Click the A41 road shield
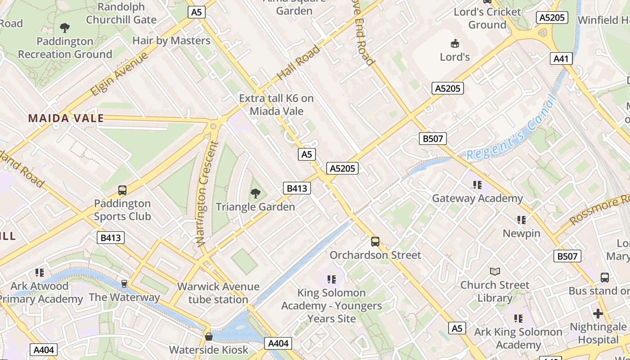(561, 58)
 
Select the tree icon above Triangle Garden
(256, 194)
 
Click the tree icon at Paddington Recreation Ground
(65, 28)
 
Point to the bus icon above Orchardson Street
(375, 242)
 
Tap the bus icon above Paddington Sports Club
(122, 190)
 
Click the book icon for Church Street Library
(495, 271)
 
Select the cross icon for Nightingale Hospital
(598, 313)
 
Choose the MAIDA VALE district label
(66, 119)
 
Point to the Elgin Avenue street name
(119, 74)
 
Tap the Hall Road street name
(299, 63)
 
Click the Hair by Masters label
(171, 40)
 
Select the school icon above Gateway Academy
(477, 184)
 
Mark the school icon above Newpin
(522, 220)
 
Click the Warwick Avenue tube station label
(218, 293)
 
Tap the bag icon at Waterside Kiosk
(209, 337)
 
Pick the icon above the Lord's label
(455, 44)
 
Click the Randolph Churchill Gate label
(121, 13)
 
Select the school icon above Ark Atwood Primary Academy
(40, 272)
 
